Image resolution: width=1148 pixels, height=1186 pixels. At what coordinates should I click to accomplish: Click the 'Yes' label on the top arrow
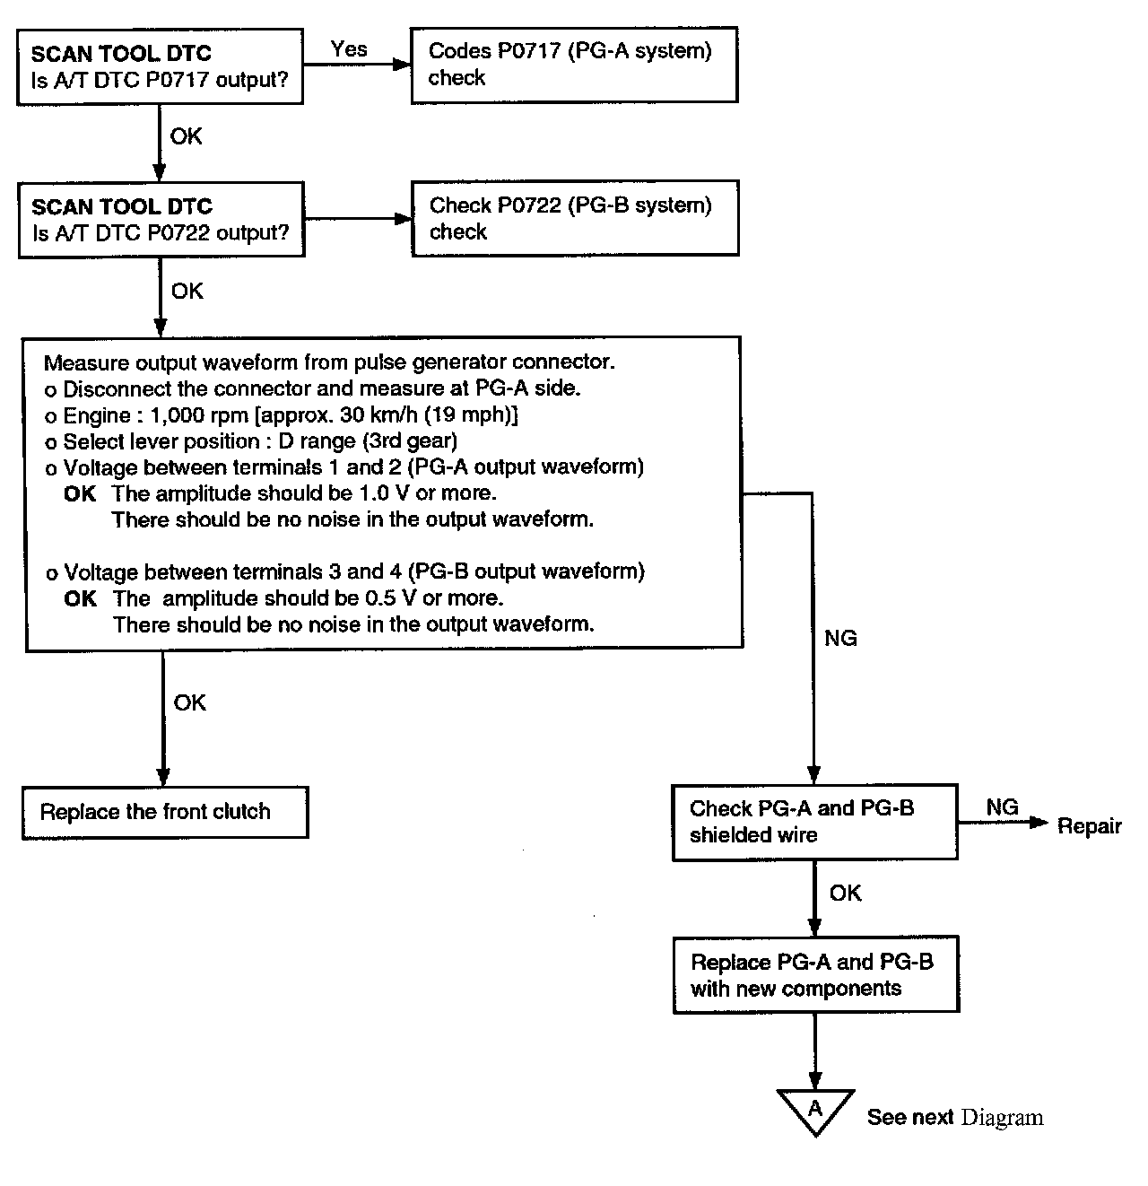click(x=348, y=49)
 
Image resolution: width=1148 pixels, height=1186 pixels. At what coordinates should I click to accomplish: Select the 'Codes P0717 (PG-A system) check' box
click(x=574, y=65)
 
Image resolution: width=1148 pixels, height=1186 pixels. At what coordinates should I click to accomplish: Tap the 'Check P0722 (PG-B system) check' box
click(x=575, y=219)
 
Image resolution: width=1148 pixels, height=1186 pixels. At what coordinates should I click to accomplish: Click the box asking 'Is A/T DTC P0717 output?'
click(x=160, y=66)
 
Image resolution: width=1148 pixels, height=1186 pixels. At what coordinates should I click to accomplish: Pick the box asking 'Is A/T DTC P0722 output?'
click(x=161, y=220)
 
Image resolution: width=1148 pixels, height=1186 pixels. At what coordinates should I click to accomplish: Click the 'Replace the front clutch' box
click(x=165, y=813)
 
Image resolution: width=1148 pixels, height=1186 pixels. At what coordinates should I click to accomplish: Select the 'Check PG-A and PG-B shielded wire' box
click(x=814, y=822)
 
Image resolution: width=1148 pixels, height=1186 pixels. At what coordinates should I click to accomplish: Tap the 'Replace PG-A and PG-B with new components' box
click(x=815, y=975)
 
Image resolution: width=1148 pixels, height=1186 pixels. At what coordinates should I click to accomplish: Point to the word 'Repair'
click(x=1089, y=826)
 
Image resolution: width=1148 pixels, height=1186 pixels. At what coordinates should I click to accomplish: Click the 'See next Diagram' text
click(x=954, y=1118)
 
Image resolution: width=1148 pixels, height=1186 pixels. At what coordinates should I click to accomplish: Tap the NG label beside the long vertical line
click(x=840, y=638)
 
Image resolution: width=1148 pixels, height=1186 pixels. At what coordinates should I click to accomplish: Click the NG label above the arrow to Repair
click(x=1002, y=807)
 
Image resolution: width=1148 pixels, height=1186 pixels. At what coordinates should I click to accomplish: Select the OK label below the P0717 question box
click(x=187, y=136)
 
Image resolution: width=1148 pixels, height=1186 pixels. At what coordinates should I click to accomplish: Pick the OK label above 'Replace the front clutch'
click(x=190, y=702)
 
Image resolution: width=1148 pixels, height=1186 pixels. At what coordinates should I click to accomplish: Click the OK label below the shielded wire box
click(x=845, y=893)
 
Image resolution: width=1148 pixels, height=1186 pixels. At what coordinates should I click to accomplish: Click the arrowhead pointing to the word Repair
click(x=1039, y=824)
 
